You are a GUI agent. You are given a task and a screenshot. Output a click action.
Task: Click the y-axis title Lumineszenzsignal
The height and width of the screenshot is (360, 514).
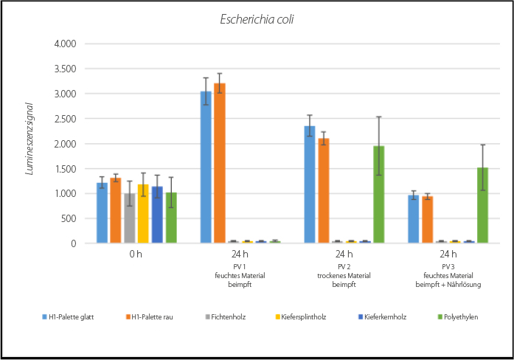(30, 143)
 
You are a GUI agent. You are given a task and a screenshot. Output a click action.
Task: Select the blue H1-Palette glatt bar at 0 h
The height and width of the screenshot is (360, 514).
(102, 213)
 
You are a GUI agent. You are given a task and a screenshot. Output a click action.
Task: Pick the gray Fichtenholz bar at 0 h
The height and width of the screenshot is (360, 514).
(130, 218)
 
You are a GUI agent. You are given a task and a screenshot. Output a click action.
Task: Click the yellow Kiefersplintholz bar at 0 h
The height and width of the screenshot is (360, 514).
(144, 214)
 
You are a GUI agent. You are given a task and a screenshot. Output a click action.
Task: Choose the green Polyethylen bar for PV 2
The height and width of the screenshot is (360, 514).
(379, 195)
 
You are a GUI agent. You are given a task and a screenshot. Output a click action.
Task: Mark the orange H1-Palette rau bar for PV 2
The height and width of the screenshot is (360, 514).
(323, 191)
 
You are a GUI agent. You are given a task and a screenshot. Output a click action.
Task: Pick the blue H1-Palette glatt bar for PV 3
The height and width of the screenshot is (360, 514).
(414, 219)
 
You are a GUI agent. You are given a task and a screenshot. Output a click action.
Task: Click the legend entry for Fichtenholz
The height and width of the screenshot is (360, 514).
(225, 316)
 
